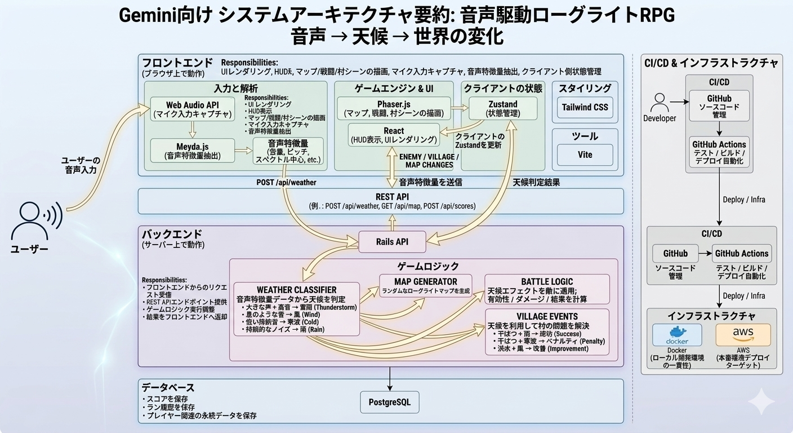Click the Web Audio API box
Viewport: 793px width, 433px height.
point(193,109)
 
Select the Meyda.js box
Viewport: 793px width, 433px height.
point(193,151)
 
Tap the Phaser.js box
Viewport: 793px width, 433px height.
point(394,108)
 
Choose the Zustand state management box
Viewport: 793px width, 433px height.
point(502,108)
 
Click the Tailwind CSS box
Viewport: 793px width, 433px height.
point(585,107)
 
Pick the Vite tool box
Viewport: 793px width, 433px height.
point(585,154)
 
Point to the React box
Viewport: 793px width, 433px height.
point(394,135)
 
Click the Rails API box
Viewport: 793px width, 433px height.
point(392,242)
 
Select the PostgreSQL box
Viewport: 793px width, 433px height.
point(389,403)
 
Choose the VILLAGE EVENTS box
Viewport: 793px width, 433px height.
point(547,332)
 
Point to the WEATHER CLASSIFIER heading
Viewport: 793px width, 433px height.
point(297,290)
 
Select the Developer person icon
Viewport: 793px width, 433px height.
point(660,103)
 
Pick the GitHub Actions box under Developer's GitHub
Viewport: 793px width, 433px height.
point(719,152)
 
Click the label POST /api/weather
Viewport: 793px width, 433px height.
point(286,182)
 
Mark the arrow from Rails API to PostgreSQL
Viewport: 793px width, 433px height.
point(390,378)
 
